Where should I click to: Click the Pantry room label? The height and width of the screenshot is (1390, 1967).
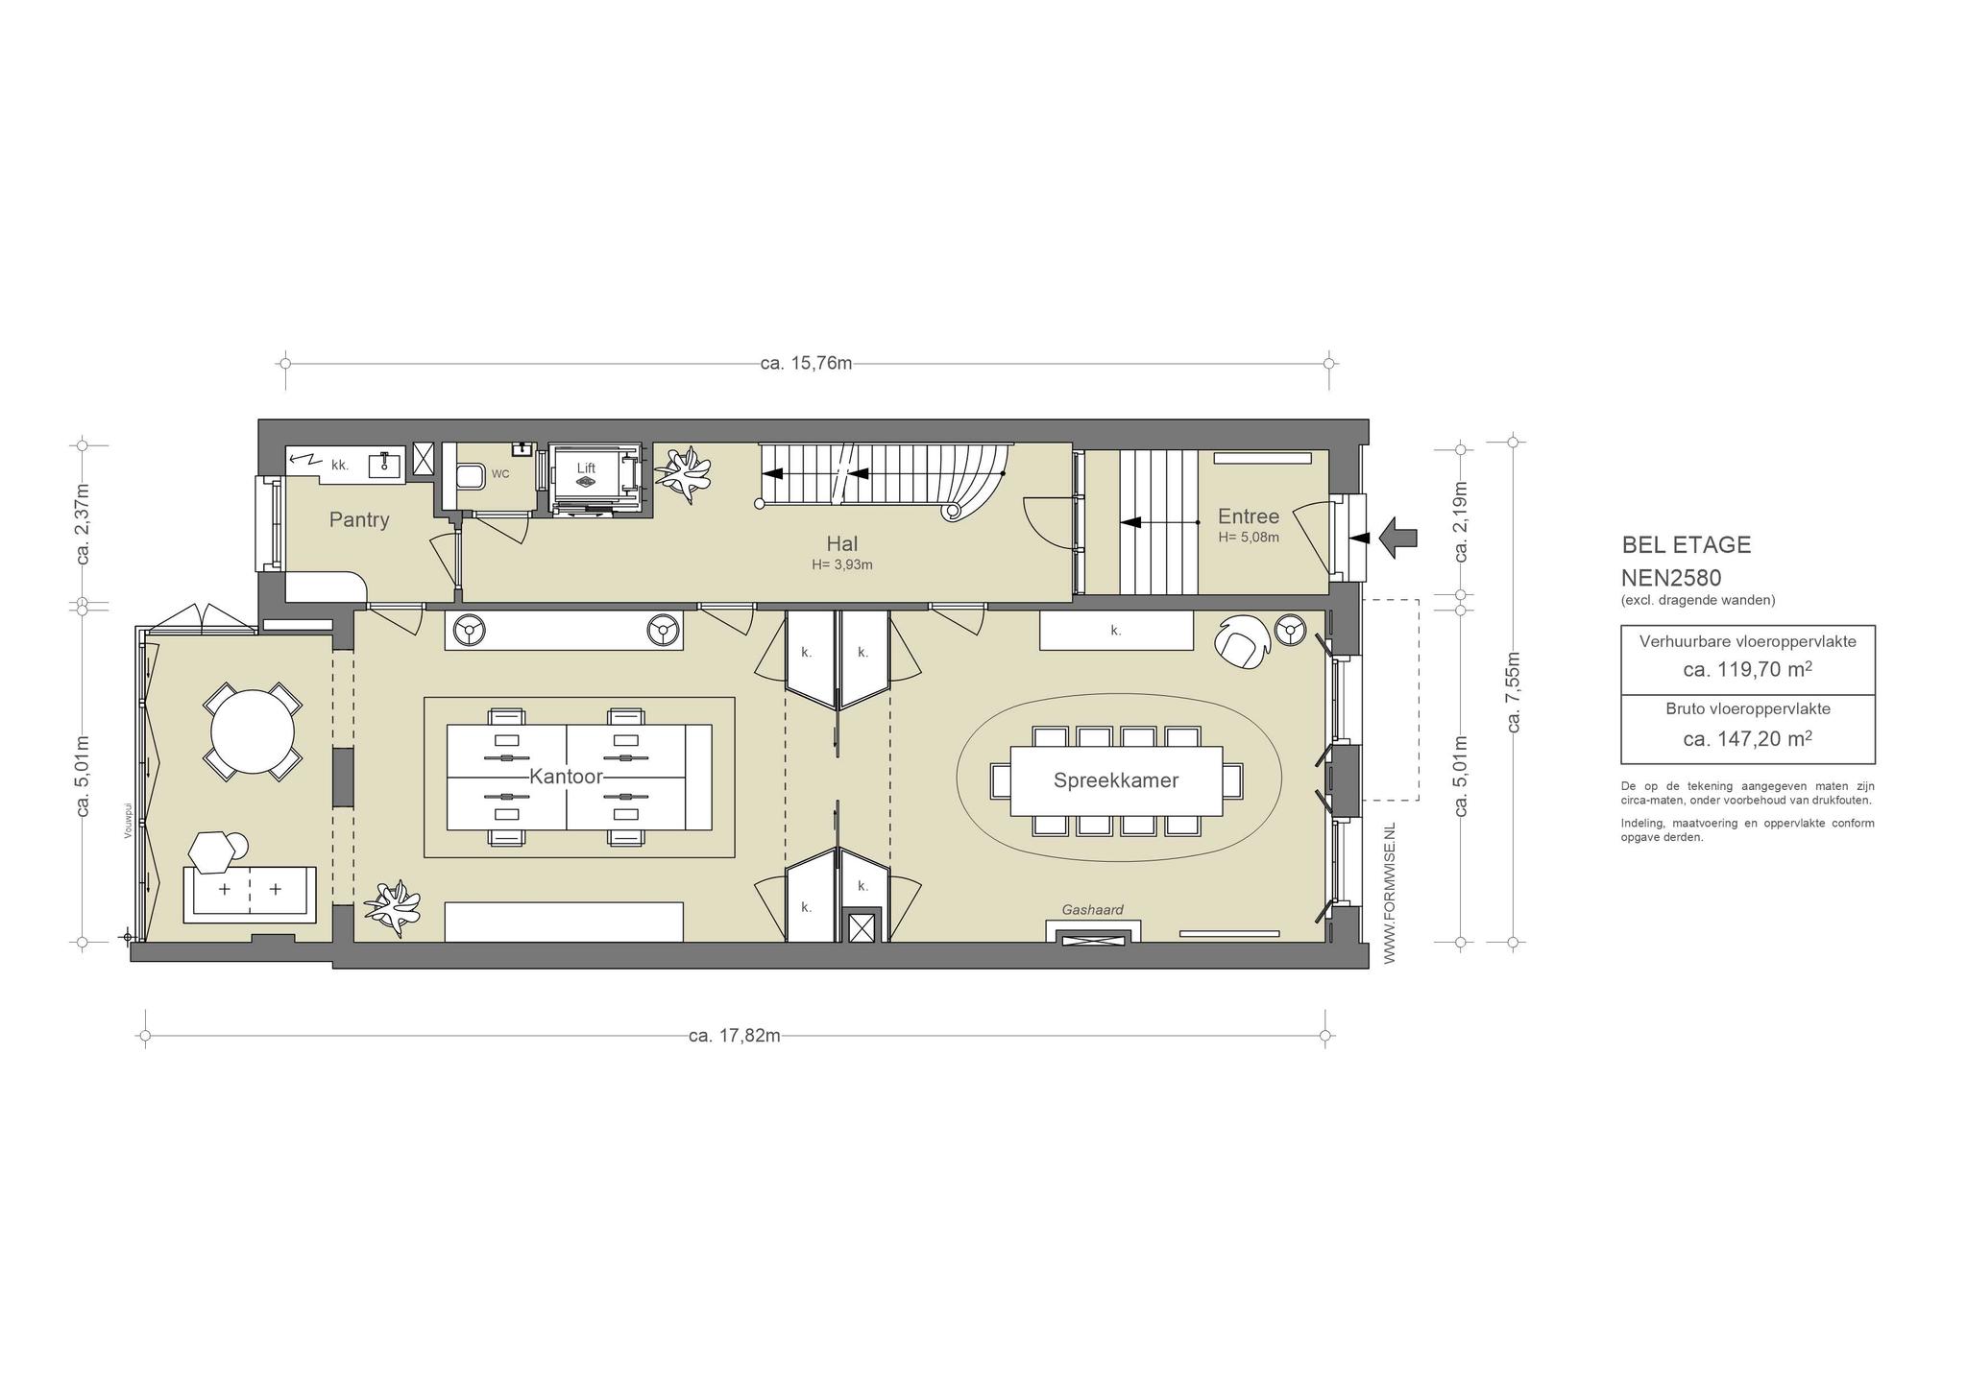359,520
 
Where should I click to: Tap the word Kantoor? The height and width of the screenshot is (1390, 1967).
566,777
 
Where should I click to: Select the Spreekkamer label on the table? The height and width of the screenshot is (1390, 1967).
1116,780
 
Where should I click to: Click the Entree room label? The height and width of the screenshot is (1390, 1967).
1249,516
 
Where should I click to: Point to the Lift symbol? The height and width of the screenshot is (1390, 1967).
586,477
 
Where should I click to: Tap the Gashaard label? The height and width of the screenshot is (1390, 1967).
1092,910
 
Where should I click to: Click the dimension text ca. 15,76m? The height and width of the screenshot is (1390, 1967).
806,364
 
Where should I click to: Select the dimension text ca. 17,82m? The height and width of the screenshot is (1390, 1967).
735,1036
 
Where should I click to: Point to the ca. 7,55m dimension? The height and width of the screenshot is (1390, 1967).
1514,692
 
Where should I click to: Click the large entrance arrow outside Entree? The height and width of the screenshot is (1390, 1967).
1398,538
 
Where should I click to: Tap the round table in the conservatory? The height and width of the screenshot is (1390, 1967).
253,731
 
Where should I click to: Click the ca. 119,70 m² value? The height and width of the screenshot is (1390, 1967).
1747,670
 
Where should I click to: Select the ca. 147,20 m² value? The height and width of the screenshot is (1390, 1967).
1747,738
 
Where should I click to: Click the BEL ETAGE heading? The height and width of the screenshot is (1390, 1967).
1687,545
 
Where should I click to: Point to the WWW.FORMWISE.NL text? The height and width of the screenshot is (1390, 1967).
1389,893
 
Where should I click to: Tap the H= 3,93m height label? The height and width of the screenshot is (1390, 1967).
841,565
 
